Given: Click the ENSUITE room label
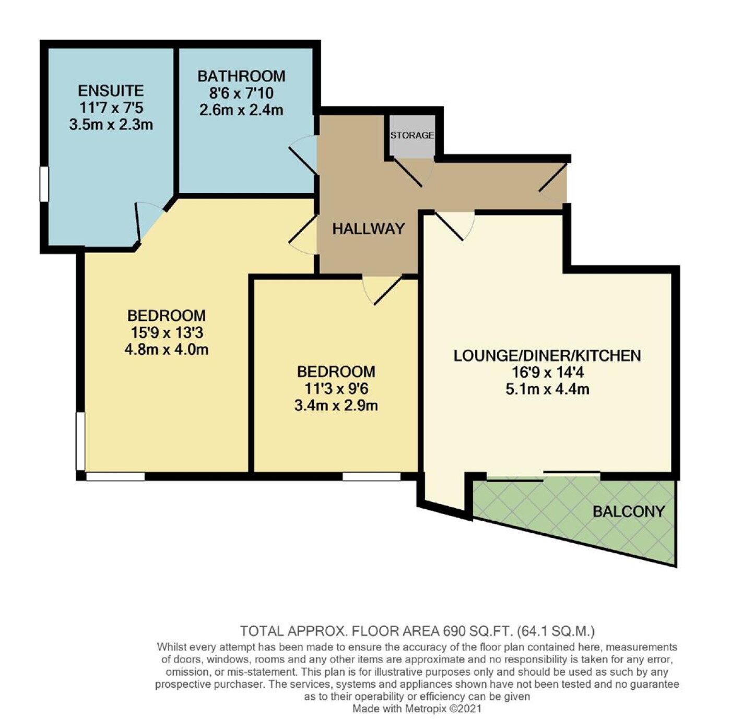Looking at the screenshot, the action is (x=111, y=91).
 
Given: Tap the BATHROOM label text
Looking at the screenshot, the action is (x=241, y=76).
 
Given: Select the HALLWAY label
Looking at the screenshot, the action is (x=368, y=229).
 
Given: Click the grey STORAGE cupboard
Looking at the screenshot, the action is (x=412, y=137).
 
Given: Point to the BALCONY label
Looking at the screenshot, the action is (x=629, y=511).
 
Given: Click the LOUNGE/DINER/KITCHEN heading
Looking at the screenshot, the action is (x=547, y=356).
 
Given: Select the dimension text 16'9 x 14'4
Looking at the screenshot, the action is (x=548, y=373).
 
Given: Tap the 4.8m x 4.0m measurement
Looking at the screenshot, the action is (x=167, y=349).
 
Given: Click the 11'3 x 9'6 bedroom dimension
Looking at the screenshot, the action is (x=336, y=389).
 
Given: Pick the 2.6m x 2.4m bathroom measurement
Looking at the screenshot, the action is (x=241, y=110).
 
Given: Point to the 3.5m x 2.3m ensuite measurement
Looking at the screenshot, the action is (x=111, y=124).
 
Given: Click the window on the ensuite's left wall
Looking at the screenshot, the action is (x=44, y=184).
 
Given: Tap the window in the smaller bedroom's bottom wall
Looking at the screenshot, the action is (x=371, y=477).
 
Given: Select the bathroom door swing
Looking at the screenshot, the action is (x=303, y=155).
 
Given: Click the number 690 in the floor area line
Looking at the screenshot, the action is (x=453, y=631).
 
